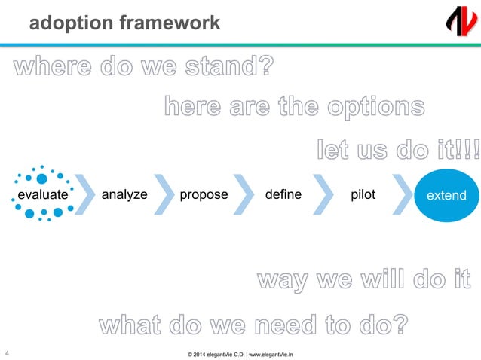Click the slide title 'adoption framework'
click(x=124, y=23)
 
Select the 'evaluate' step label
click(x=43, y=194)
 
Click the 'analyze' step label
click(x=124, y=194)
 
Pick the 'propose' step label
click(x=204, y=194)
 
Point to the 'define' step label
click(x=283, y=194)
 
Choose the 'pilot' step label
click(x=363, y=194)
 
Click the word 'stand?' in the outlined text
click(x=231, y=69)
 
